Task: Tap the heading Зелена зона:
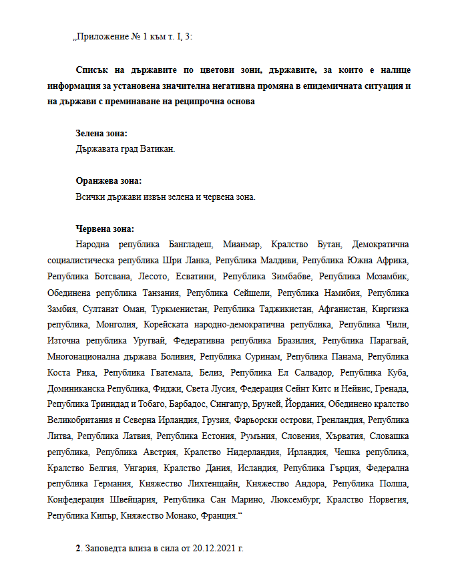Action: coord(101,134)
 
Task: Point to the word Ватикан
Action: coord(158,148)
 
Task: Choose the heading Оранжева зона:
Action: coord(109,181)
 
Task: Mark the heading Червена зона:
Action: coord(105,229)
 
